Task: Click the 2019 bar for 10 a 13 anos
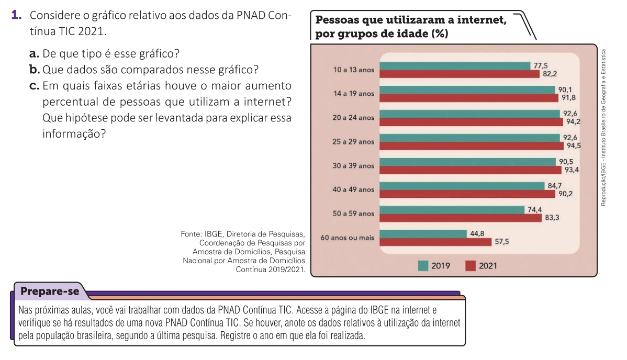pyautogui.click(x=454, y=66)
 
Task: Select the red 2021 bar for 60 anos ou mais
pyautogui.click(x=435, y=242)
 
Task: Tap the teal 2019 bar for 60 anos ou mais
pyautogui.click(x=423, y=234)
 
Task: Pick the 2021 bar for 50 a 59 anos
pyautogui.click(x=461, y=218)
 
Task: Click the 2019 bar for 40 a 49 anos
pyautogui.click(x=462, y=186)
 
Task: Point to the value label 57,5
pyautogui.click(x=502, y=242)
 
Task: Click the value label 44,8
pyautogui.click(x=477, y=233)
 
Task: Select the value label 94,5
pyautogui.click(x=574, y=146)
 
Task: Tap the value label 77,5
pyautogui.click(x=540, y=65)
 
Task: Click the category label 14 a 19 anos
pyautogui.click(x=353, y=94)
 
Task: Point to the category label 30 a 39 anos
pyautogui.click(x=353, y=166)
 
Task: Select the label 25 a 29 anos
pyautogui.click(x=353, y=142)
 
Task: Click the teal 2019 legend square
pyautogui.click(x=423, y=266)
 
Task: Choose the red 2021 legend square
pyautogui.click(x=471, y=266)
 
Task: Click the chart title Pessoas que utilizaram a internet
pyautogui.click(x=411, y=21)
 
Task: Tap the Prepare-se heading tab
pyautogui.click(x=49, y=291)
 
